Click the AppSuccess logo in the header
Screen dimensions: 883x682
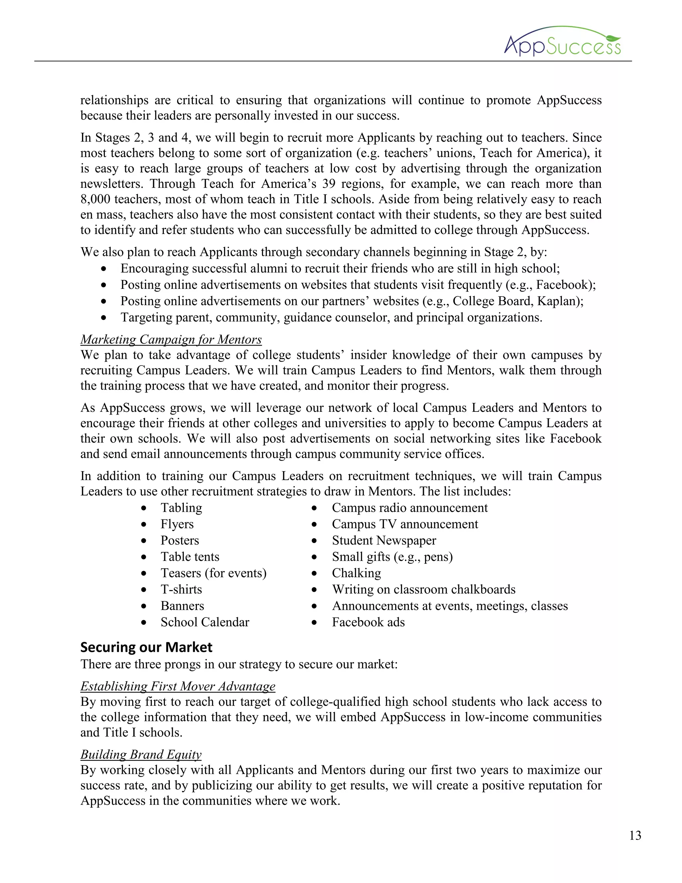coord(562,42)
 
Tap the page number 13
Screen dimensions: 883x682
coord(635,835)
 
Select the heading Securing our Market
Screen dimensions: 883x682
coord(146,647)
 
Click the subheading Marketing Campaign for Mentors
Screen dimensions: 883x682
coord(171,339)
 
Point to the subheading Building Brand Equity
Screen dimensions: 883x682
coord(141,754)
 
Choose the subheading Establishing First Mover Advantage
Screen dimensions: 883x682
coord(178,686)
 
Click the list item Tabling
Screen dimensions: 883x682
coord(181,508)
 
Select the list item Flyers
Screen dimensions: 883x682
coord(177,524)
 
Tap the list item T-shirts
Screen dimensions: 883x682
coord(181,589)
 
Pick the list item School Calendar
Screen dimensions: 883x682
coord(205,622)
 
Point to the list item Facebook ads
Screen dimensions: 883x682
coord(368,622)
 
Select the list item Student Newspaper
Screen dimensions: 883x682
coord(384,540)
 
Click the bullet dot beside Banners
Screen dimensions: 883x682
coord(144,606)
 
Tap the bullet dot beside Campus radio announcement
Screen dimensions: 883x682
coord(314,508)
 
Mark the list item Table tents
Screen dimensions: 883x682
coord(190,557)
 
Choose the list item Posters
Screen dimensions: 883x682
coord(180,540)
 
